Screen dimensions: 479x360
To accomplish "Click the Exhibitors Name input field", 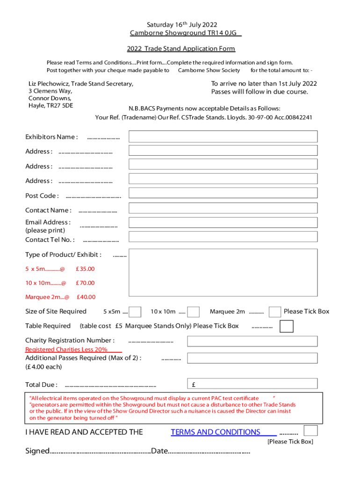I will tap(223, 137).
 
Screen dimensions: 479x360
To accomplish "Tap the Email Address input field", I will tap(223, 223).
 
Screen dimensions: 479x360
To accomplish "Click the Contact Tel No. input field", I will tap(223, 237).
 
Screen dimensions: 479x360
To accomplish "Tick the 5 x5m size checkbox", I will tap(135, 312).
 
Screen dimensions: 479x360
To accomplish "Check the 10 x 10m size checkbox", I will tap(194, 312).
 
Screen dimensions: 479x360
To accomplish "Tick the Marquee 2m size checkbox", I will tap(275, 312).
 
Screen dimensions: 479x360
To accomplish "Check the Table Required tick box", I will tap(287, 326).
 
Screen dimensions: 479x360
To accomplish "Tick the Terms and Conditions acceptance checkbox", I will tap(310, 431).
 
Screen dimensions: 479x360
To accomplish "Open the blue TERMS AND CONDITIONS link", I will tap(216, 432).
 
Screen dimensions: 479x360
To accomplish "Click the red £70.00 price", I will tap(85, 283).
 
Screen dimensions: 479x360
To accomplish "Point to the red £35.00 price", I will tap(85, 269).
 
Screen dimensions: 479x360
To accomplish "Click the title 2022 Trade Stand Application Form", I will tap(181, 49).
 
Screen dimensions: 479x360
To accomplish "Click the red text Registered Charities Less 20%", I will tap(66, 349).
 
